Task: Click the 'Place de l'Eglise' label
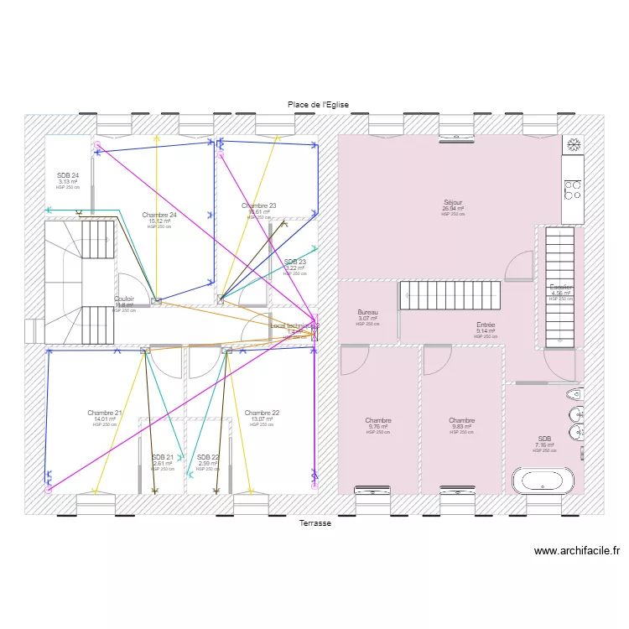[x=317, y=105]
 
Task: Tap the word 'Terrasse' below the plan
[x=315, y=523]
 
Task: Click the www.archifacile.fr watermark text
[x=576, y=551]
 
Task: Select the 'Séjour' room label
[x=453, y=202]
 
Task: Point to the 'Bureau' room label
[x=367, y=312]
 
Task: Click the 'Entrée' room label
[x=486, y=325]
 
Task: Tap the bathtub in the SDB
[x=543, y=480]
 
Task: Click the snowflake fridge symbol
[x=574, y=145]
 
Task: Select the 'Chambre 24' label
[x=159, y=215]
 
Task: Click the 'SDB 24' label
[x=68, y=175]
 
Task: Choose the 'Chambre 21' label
[x=105, y=413]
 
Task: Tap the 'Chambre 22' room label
[x=262, y=413]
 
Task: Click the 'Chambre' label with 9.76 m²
[x=377, y=420]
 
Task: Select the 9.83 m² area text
[x=461, y=427]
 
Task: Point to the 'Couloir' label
[x=124, y=299]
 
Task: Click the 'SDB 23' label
[x=294, y=262]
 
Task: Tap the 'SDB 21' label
[x=163, y=457]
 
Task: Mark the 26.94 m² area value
[x=453, y=209]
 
